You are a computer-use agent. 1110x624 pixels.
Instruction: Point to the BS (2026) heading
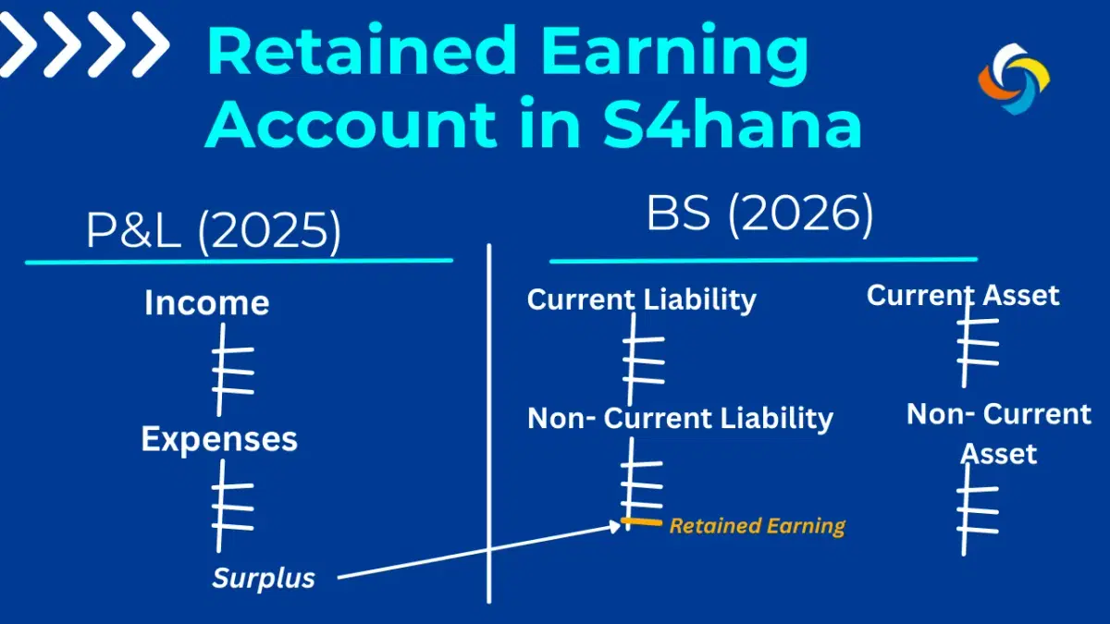pos(759,214)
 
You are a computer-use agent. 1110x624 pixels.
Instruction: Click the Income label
pos(206,303)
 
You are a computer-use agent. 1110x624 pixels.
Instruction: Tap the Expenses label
pos(219,439)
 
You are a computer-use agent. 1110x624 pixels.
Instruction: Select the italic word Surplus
pos(264,579)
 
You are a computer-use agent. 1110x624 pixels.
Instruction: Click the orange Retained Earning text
pos(757,526)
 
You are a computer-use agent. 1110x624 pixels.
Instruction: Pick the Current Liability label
pos(641,300)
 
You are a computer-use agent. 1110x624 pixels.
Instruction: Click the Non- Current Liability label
pos(680,418)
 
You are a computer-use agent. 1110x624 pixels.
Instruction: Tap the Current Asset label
pos(962,296)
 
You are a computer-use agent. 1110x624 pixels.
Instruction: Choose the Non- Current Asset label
pos(999,433)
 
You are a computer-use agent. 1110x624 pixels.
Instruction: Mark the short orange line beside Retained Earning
pos(641,523)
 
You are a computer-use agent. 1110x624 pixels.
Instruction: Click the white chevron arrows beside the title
pos(85,44)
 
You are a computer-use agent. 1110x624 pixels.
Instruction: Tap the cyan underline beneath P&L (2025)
pos(239,262)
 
